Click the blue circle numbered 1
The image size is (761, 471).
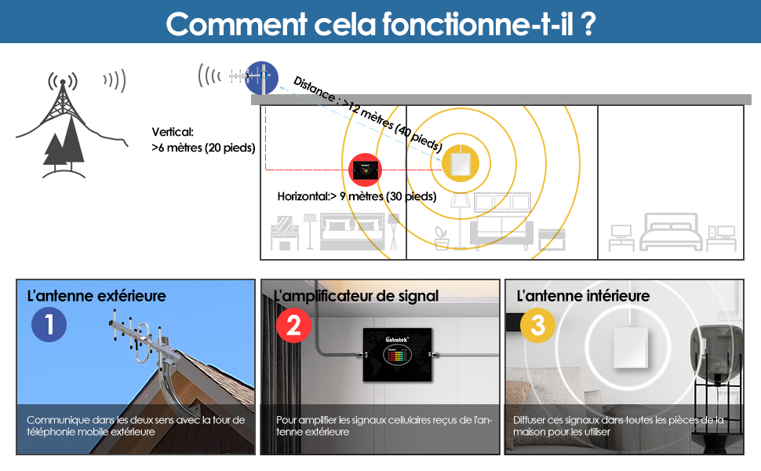pyautogui.click(x=49, y=324)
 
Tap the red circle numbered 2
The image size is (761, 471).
pyautogui.click(x=293, y=324)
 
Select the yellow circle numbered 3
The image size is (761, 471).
pyautogui.click(x=537, y=324)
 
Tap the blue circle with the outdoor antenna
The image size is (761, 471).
pyautogui.click(x=261, y=77)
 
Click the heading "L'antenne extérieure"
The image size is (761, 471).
pyautogui.click(x=96, y=296)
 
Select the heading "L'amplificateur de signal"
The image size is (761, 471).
pyautogui.click(x=356, y=296)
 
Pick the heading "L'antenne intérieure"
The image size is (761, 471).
pyautogui.click(x=583, y=296)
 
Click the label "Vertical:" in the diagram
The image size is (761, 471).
pyautogui.click(x=173, y=133)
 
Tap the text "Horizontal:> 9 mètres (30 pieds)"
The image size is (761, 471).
pyautogui.click(x=357, y=196)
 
